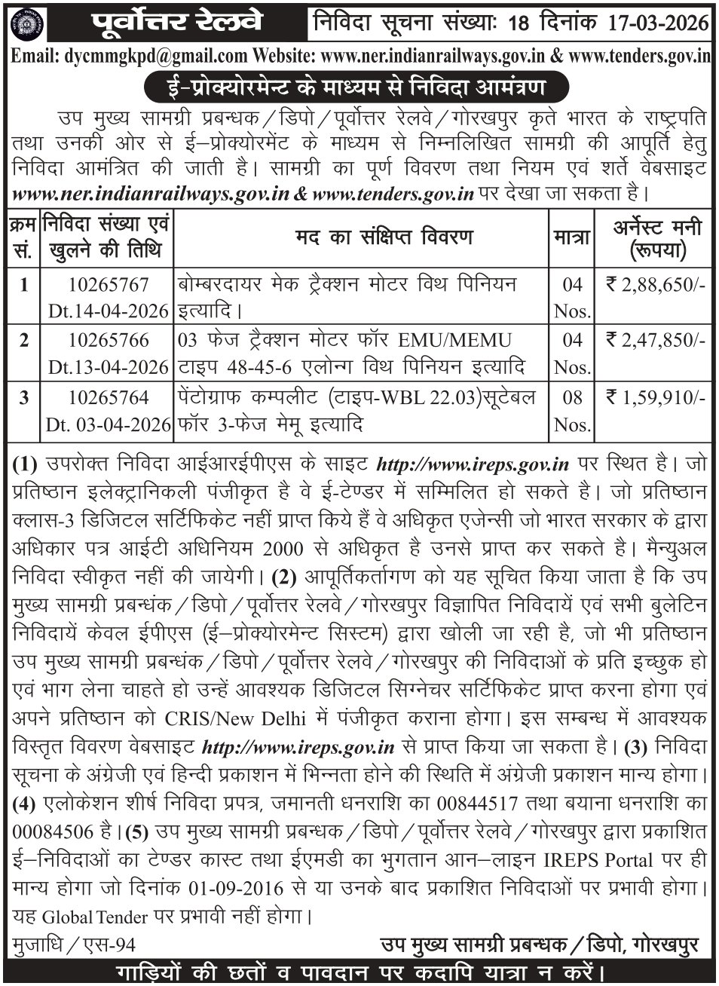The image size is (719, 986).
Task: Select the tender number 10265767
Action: (x=108, y=285)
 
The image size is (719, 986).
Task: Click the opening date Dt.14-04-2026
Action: (x=107, y=310)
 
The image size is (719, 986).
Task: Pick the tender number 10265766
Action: (x=108, y=341)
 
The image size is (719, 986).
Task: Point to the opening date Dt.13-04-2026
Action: (x=107, y=366)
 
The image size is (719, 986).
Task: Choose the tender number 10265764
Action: (x=108, y=397)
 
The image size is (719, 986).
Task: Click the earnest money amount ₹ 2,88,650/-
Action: (x=656, y=285)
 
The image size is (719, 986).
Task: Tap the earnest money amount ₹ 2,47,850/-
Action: (x=656, y=341)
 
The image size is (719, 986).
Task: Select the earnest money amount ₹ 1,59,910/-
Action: (x=656, y=397)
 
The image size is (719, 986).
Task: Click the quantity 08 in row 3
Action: (x=572, y=397)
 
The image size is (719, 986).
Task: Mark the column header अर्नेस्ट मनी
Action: (x=656, y=227)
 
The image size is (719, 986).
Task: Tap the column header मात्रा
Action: (x=571, y=237)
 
